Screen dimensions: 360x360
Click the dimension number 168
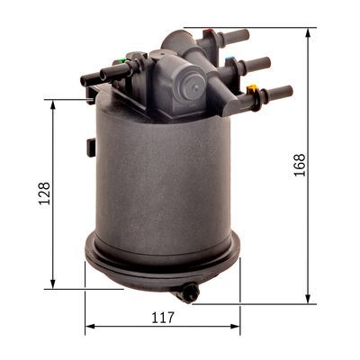coord(300,165)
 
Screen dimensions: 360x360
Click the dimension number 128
coord(44,193)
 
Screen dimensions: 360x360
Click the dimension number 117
coord(163,316)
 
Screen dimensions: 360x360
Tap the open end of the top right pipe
coord(246,35)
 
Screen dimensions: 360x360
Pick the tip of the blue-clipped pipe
coord(266,62)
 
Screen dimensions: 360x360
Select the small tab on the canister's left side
coord(90,147)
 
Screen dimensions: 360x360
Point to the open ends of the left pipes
coord(85,80)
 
